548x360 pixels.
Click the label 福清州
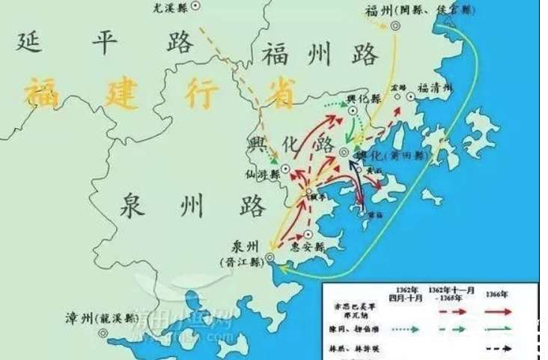pos(436,88)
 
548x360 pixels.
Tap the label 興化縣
pos(365,97)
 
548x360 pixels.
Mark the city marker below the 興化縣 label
pos(353,110)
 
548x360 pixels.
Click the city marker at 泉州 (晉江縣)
pos(270,257)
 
